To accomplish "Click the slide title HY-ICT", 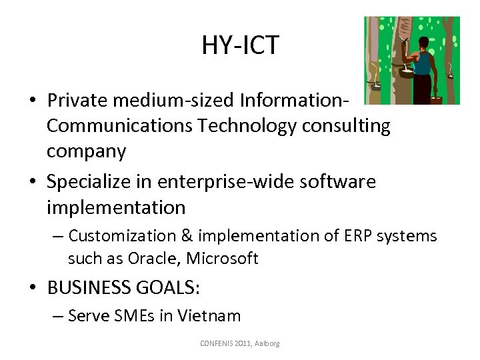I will coord(240,45).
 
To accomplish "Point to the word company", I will coord(86,152).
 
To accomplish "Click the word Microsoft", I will coord(224,259).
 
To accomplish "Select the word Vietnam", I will coord(208,316).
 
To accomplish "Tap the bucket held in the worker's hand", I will coord(437,99).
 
